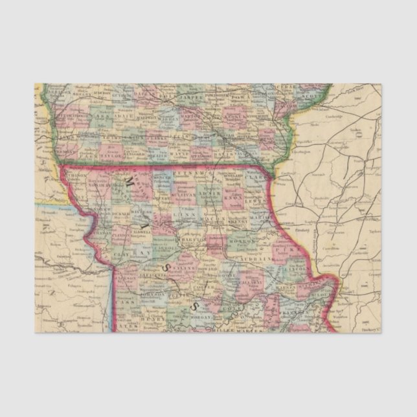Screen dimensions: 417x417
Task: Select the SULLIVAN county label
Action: (x=185, y=193)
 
